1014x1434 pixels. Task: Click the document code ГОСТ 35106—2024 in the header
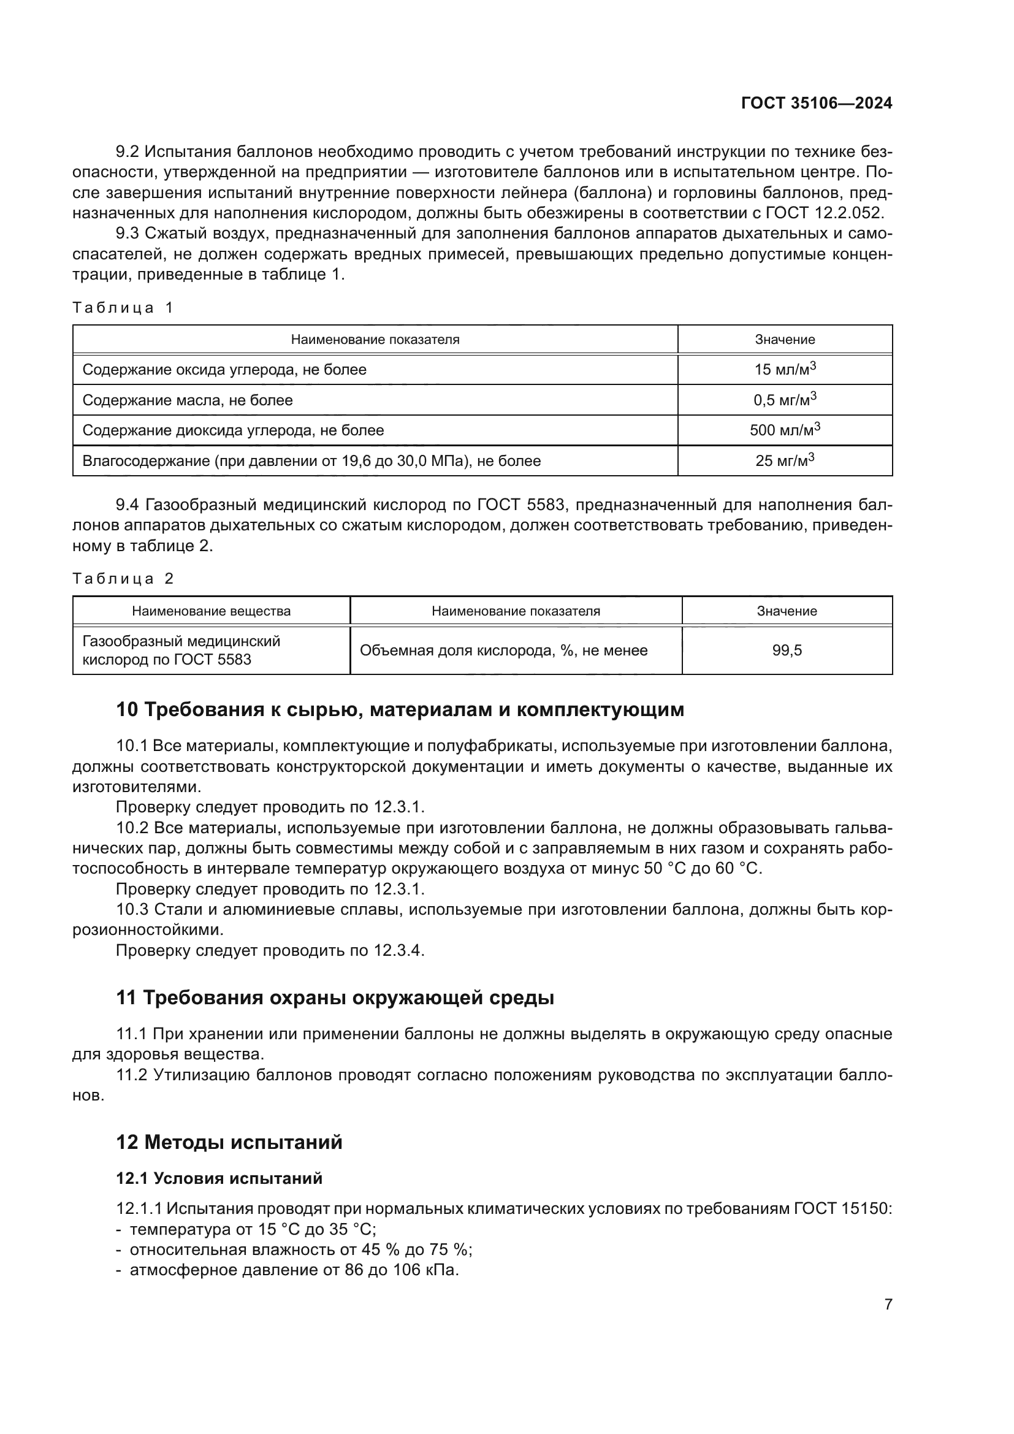(816, 104)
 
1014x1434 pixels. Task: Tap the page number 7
(888, 1304)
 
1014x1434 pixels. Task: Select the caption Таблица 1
(123, 307)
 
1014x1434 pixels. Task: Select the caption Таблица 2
(123, 578)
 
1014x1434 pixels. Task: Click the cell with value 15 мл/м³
(785, 369)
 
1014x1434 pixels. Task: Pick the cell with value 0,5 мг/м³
(785, 400)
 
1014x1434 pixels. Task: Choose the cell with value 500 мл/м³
(785, 430)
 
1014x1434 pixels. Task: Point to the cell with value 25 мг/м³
(785, 460)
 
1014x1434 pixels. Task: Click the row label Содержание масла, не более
(188, 400)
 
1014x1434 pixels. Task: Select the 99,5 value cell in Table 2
(787, 650)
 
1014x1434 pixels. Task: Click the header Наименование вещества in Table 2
(211, 611)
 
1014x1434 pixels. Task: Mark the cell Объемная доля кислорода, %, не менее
(503, 650)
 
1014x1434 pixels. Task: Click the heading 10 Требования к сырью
(400, 710)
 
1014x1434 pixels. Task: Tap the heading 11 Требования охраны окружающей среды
(335, 998)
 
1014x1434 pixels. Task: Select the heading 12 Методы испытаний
(229, 1142)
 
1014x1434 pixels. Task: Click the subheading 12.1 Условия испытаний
(219, 1178)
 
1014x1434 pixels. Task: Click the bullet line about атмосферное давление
(294, 1270)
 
